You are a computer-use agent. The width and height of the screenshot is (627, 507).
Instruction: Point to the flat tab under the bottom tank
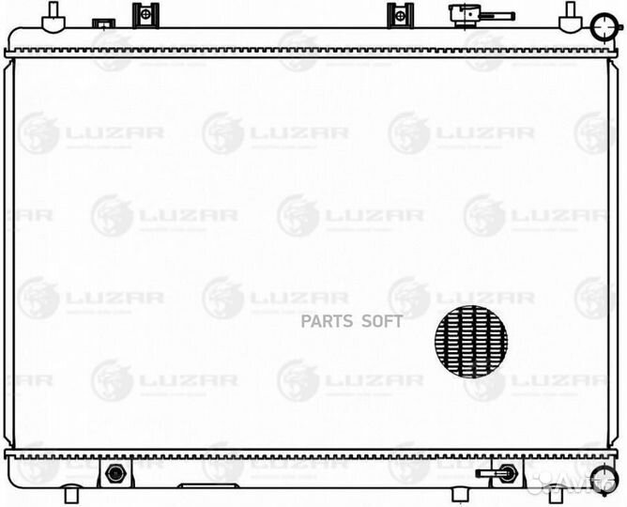point(201,489)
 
